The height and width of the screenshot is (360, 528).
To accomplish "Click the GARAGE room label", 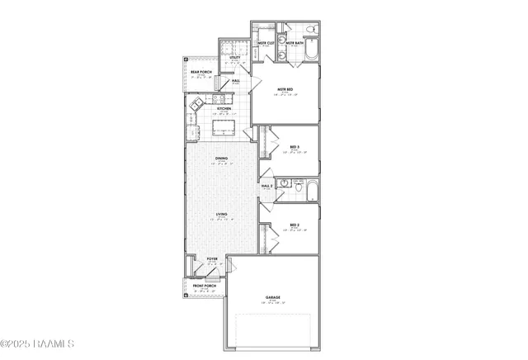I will coord(272,297).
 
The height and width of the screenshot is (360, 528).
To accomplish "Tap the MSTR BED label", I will coord(285,92).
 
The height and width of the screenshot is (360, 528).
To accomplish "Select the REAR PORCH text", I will coord(202,72).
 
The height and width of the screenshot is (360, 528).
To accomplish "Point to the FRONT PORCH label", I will coord(205,286).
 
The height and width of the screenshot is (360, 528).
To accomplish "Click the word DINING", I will coord(222,159).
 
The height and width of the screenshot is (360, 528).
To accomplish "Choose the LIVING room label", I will coord(222,215).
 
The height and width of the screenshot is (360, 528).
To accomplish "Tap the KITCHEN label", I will coord(223,108).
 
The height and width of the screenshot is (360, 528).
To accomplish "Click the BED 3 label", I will coord(295,148).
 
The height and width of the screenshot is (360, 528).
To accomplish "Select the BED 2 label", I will coord(294,225).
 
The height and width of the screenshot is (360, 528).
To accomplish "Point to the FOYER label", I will coord(212,259).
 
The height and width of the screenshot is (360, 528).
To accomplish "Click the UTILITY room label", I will coord(234,58).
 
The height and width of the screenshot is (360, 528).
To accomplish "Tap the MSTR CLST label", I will coord(266,42).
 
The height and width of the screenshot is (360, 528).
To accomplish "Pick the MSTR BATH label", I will coord(295,42).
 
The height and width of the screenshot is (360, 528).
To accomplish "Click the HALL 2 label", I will coord(266,187).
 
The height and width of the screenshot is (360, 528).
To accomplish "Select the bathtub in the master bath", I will coord(309,54).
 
